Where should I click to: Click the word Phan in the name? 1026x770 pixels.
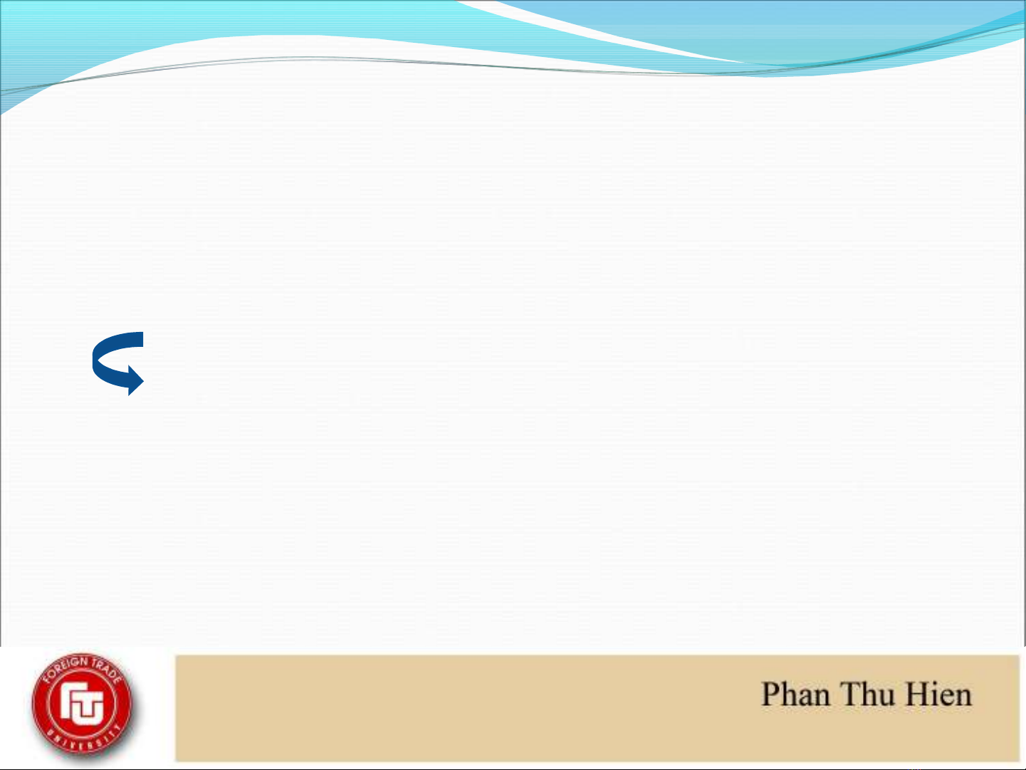(x=796, y=694)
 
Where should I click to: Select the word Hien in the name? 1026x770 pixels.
(x=938, y=694)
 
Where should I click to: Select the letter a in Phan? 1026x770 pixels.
(x=805, y=699)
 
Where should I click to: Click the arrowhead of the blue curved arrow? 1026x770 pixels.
(x=135, y=380)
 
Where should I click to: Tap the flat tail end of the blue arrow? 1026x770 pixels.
(x=142, y=340)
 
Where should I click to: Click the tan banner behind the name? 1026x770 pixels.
(x=597, y=708)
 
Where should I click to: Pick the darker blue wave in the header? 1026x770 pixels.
(x=795, y=33)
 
